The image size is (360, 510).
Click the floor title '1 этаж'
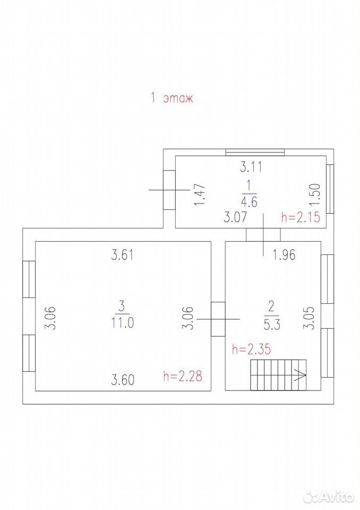(172, 98)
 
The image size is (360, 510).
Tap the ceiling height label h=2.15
(301, 217)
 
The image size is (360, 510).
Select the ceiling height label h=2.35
(251, 350)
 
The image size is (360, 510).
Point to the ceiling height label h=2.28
(183, 376)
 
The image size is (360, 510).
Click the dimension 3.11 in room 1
(251, 167)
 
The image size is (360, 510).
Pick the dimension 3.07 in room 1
(235, 217)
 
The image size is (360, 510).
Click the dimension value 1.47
(199, 194)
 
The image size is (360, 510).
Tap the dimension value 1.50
(315, 194)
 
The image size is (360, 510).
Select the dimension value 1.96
(284, 255)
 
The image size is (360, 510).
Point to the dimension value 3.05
(309, 318)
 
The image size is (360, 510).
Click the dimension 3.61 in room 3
(122, 254)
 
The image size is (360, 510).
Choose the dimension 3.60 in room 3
(123, 379)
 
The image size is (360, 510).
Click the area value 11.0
(123, 322)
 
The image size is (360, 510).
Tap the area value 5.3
(272, 325)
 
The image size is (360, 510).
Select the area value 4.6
(249, 202)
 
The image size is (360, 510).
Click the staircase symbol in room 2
(278, 375)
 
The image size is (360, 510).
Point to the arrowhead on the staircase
(300, 375)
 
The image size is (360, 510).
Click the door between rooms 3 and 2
(218, 319)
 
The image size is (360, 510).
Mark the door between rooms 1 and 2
(263, 234)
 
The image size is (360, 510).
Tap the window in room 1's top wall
(255, 152)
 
